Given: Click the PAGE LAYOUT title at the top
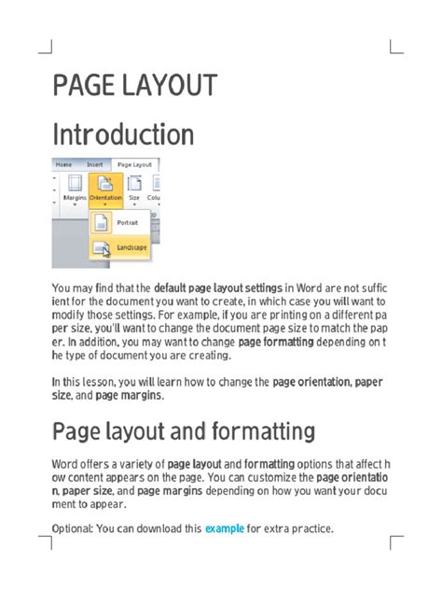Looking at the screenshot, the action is coord(135,86).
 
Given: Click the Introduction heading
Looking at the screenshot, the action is coord(123,134).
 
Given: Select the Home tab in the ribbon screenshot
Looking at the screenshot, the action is coord(63,164).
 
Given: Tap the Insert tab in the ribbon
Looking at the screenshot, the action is coord(95,164).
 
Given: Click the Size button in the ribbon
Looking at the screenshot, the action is coord(134,186).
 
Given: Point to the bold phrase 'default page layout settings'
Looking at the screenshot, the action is coord(217,288).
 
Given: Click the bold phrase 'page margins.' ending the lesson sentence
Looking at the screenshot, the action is coord(129,395).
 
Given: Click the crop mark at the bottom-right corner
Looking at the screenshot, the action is coord(396,543).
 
